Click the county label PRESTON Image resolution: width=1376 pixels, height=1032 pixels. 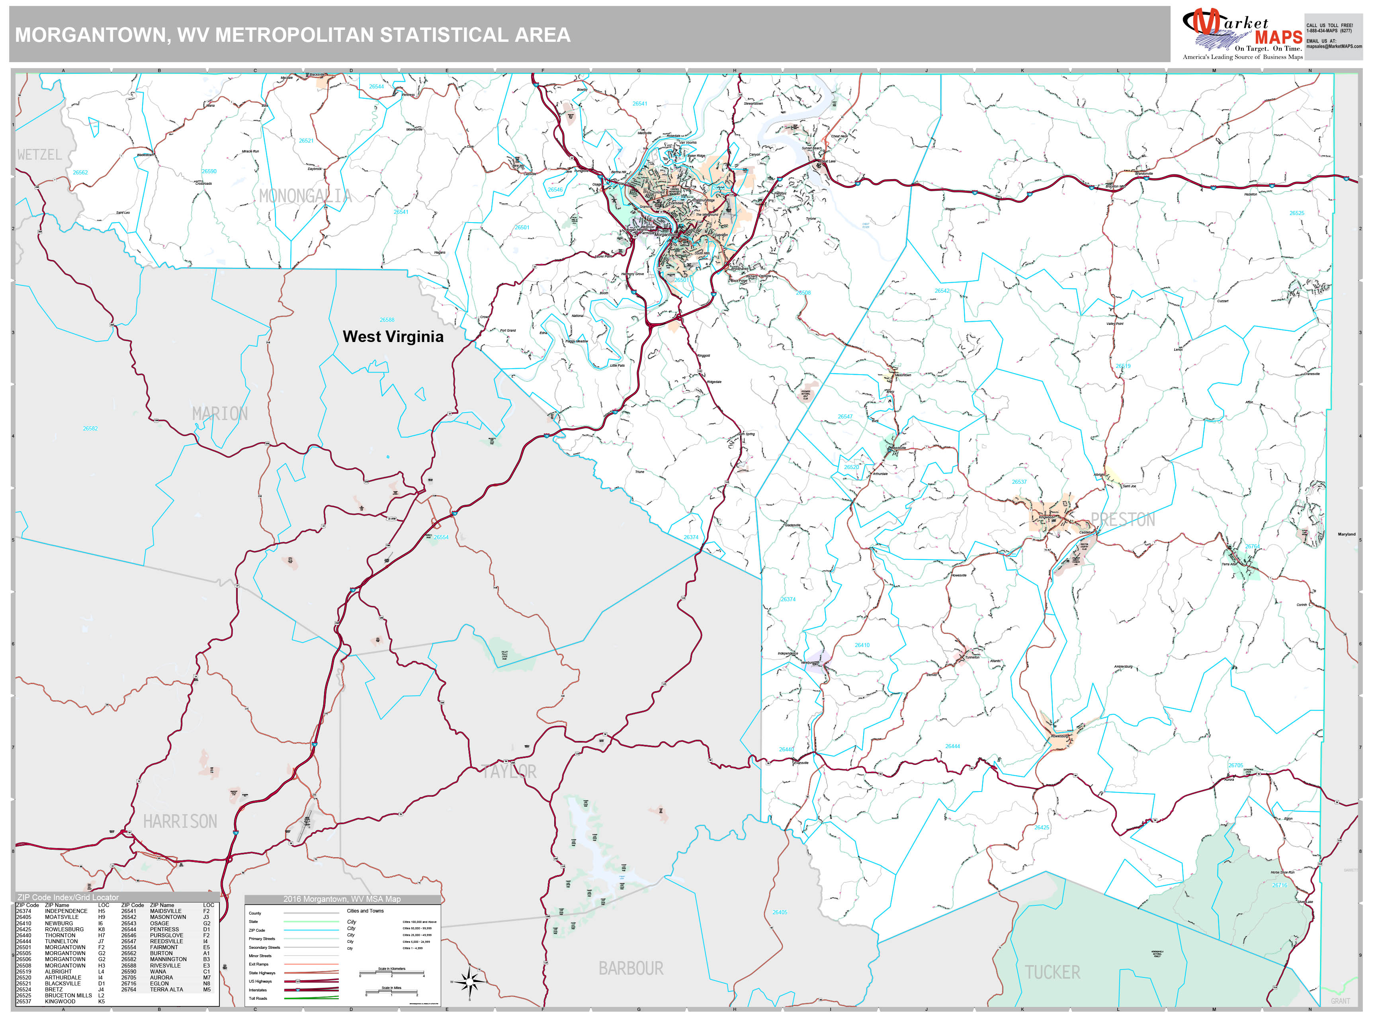tap(1122, 520)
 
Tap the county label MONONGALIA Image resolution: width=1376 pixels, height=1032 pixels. tap(305, 196)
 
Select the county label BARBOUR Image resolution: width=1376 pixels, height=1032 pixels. tap(631, 968)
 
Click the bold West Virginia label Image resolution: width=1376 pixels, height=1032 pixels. tap(393, 336)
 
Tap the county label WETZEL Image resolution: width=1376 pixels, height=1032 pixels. tap(39, 155)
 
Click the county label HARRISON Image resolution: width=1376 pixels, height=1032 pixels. tap(180, 821)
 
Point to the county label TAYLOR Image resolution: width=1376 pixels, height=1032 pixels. tap(509, 771)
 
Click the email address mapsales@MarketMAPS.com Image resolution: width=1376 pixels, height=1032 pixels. tap(1334, 46)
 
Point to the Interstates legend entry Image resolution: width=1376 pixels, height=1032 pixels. tap(258, 990)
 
